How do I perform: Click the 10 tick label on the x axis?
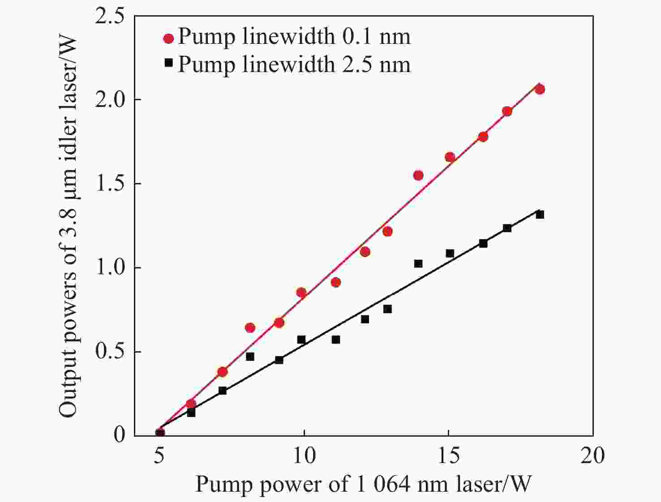304,455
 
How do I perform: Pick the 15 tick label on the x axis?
448,455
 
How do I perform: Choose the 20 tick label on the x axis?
592,455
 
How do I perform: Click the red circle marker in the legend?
168,38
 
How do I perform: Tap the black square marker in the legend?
168,63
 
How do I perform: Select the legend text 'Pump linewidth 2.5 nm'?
294,64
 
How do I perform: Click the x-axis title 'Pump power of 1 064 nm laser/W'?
363,484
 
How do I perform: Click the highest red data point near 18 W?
540,89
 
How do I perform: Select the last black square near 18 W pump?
540,215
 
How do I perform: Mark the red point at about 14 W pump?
418,175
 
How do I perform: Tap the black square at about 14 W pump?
418,264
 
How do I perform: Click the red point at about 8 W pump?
250,328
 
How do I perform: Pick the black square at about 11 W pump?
336,340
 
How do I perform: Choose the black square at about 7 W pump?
223,391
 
